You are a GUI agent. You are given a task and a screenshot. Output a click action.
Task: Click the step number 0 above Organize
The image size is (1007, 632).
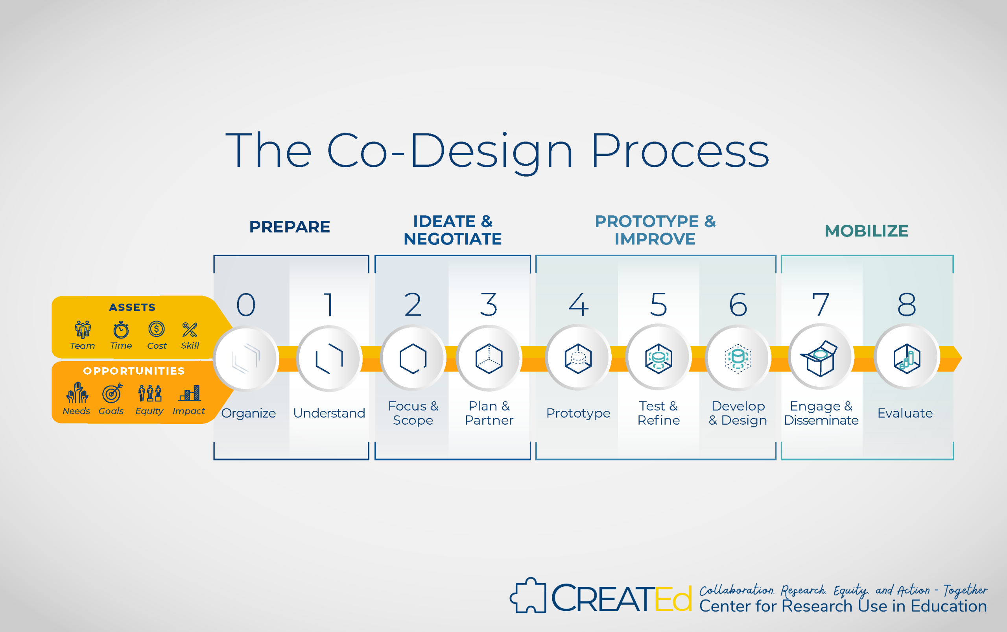(246, 304)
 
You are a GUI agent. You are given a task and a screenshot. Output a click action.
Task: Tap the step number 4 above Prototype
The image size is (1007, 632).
(579, 304)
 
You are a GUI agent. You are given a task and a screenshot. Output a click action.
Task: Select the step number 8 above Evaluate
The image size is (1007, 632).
(907, 304)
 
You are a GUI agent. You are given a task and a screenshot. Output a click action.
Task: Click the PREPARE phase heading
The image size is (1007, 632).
(290, 227)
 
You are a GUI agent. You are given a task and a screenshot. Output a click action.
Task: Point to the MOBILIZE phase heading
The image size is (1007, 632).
(866, 231)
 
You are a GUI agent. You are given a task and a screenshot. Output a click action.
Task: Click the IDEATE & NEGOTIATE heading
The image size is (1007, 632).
(452, 230)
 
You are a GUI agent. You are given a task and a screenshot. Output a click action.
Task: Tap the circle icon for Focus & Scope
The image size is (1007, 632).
(413, 358)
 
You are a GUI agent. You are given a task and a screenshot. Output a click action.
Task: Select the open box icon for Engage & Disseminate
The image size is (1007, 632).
(819, 358)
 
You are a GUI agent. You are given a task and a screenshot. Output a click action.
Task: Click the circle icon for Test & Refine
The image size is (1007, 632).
(658, 358)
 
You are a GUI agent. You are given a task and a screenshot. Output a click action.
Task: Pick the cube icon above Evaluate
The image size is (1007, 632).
(907, 358)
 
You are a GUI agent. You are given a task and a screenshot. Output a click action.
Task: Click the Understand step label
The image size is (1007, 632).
(329, 413)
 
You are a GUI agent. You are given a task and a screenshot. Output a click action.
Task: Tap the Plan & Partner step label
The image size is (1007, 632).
(489, 413)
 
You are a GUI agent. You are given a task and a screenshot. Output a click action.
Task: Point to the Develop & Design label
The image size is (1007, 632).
(738, 413)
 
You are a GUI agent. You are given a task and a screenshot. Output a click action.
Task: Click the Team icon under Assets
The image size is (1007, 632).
(83, 329)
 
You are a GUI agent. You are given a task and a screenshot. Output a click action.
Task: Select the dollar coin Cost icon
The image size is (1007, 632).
(156, 329)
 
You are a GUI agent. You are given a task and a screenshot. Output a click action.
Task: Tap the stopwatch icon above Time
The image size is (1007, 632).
(121, 329)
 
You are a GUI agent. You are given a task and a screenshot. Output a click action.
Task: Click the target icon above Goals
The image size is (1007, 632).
(112, 393)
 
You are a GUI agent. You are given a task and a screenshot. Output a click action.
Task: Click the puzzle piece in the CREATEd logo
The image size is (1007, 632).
(528, 595)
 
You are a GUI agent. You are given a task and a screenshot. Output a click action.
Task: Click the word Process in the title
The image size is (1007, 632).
(680, 150)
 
